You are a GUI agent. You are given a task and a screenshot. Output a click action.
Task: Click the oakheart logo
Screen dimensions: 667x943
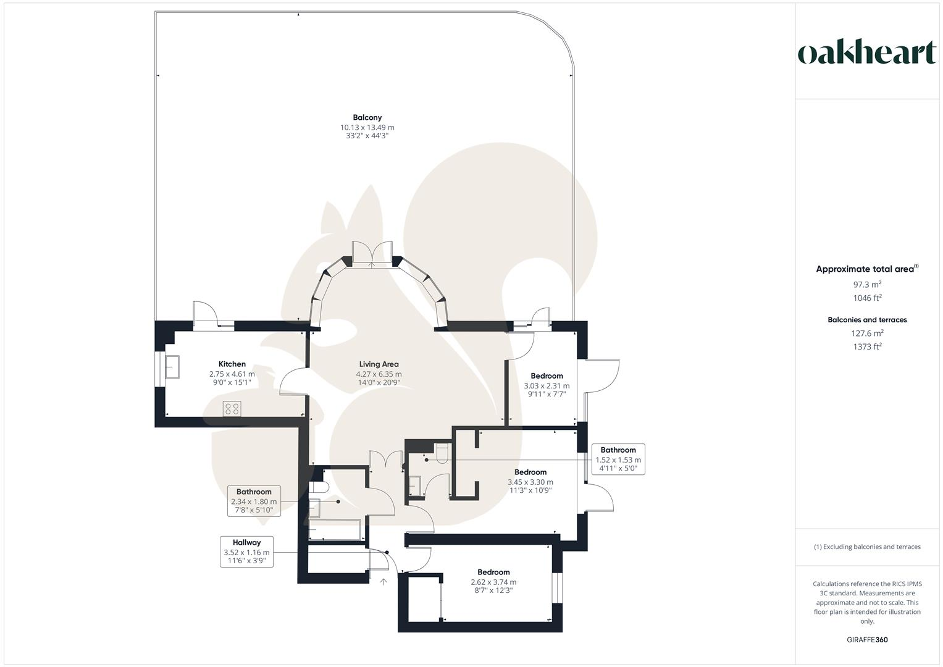(x=866, y=53)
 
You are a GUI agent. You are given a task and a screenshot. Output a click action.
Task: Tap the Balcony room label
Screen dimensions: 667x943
(x=367, y=117)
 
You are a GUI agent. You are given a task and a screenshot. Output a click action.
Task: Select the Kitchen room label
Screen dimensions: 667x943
(x=232, y=364)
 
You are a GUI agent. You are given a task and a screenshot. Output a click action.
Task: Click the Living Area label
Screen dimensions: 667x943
(x=379, y=364)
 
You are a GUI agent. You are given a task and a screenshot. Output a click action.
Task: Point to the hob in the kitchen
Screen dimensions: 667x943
(x=232, y=408)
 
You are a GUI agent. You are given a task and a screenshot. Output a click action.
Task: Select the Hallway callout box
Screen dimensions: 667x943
(x=246, y=552)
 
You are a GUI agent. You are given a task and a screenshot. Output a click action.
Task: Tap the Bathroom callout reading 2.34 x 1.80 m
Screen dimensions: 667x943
(x=254, y=501)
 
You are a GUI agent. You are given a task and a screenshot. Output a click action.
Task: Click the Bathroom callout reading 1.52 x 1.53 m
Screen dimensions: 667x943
(x=618, y=459)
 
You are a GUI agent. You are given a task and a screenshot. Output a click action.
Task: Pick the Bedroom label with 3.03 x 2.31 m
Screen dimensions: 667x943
(x=547, y=376)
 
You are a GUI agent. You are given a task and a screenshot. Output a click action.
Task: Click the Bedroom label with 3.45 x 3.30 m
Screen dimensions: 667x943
(x=530, y=472)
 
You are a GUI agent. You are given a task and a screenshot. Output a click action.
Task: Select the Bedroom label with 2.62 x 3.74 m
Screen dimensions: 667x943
(x=493, y=573)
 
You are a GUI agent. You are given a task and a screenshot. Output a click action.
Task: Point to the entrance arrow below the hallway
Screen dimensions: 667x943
(x=383, y=582)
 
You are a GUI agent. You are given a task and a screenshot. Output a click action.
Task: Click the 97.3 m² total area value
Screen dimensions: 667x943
(x=866, y=285)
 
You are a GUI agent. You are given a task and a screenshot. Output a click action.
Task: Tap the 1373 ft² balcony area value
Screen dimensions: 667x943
(x=866, y=347)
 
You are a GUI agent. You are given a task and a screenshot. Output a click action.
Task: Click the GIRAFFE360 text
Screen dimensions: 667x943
(x=866, y=640)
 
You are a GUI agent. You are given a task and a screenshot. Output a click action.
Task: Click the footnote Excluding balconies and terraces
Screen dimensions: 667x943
(x=866, y=547)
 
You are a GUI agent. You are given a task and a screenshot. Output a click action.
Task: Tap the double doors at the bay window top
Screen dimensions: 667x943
(x=372, y=254)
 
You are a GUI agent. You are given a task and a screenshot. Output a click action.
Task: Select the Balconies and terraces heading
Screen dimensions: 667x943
(x=866, y=320)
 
